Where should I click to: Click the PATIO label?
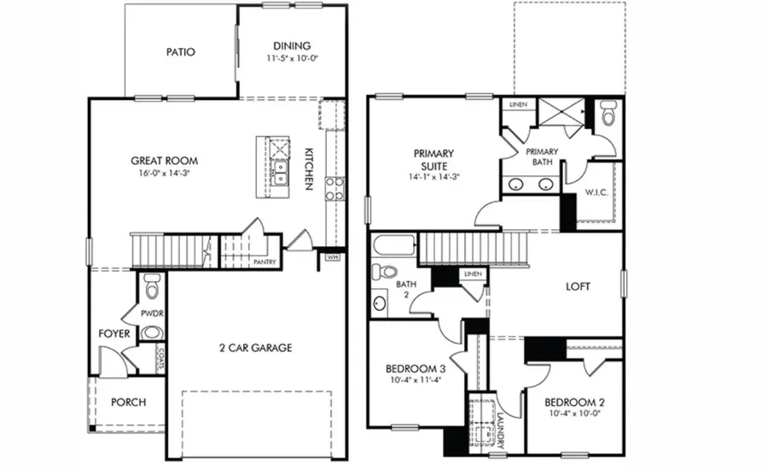click(180, 52)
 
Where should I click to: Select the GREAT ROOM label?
click(164, 161)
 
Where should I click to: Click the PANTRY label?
click(264, 262)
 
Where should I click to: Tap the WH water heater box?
click(332, 256)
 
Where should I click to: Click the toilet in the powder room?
click(152, 285)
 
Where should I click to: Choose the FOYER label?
click(114, 334)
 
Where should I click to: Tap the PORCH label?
click(129, 402)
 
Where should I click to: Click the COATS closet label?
click(160, 360)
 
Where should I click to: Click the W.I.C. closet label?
click(596, 192)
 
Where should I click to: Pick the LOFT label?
click(578, 287)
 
